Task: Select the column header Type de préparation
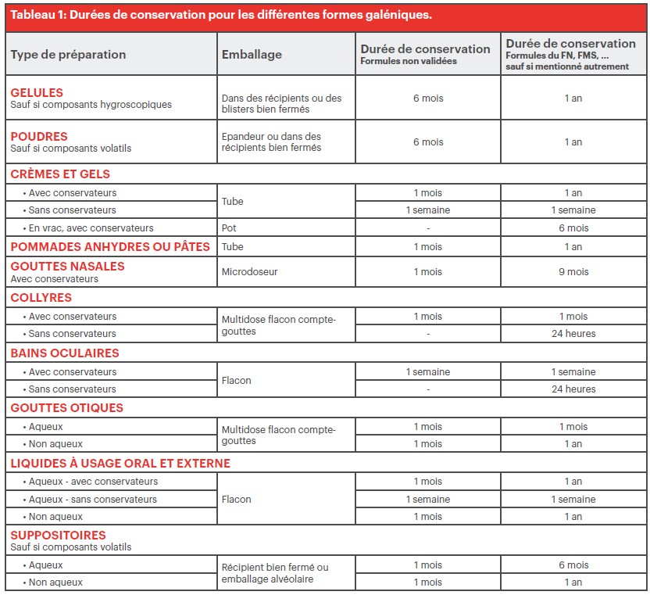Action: point(68,55)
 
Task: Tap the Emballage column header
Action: point(252,55)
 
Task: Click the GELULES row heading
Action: point(37,92)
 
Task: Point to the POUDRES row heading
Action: point(39,136)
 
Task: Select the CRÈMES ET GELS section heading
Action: point(60,174)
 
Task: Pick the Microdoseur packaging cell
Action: point(250,272)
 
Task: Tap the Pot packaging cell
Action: point(229,228)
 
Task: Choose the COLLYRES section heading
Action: point(41,298)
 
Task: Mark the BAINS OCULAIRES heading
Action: point(65,353)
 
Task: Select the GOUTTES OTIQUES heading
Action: point(67,408)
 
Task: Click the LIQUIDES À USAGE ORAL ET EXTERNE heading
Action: point(120,464)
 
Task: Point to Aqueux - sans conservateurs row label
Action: point(93,500)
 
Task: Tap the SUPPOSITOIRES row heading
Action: point(59,536)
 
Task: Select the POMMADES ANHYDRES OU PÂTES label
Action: point(110,247)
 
